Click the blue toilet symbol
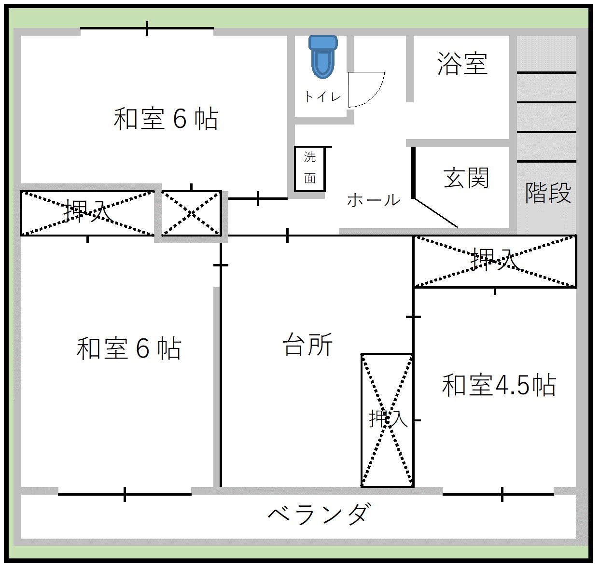[323, 56]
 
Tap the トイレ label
[322, 97]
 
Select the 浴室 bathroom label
[462, 64]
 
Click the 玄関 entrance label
[466, 178]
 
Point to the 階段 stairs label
[548, 193]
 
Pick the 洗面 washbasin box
[310, 168]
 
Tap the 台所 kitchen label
[307, 346]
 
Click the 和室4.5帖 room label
[499, 386]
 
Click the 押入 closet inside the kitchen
[388, 419]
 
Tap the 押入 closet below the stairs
[495, 261]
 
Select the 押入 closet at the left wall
[87, 213]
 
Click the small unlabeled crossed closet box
[191, 213]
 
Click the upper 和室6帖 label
[166, 119]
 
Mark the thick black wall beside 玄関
[413, 172]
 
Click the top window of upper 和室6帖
[147, 28]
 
